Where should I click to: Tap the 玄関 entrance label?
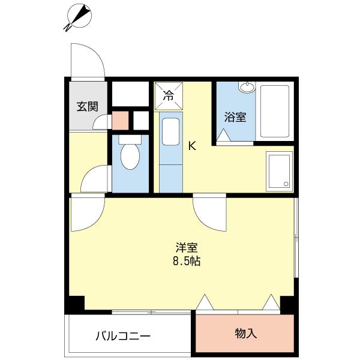pyautogui.click(x=86, y=107)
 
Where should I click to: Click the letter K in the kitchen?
pyautogui.click(x=192, y=145)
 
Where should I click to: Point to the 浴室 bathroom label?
pyautogui.click(x=235, y=117)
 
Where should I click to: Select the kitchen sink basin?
pyautogui.click(x=170, y=132)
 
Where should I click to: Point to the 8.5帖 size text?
pyautogui.click(x=187, y=262)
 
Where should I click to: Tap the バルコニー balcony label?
pyautogui.click(x=123, y=335)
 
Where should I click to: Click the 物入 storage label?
pyautogui.click(x=245, y=333)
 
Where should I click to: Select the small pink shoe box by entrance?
pyautogui.click(x=120, y=121)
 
